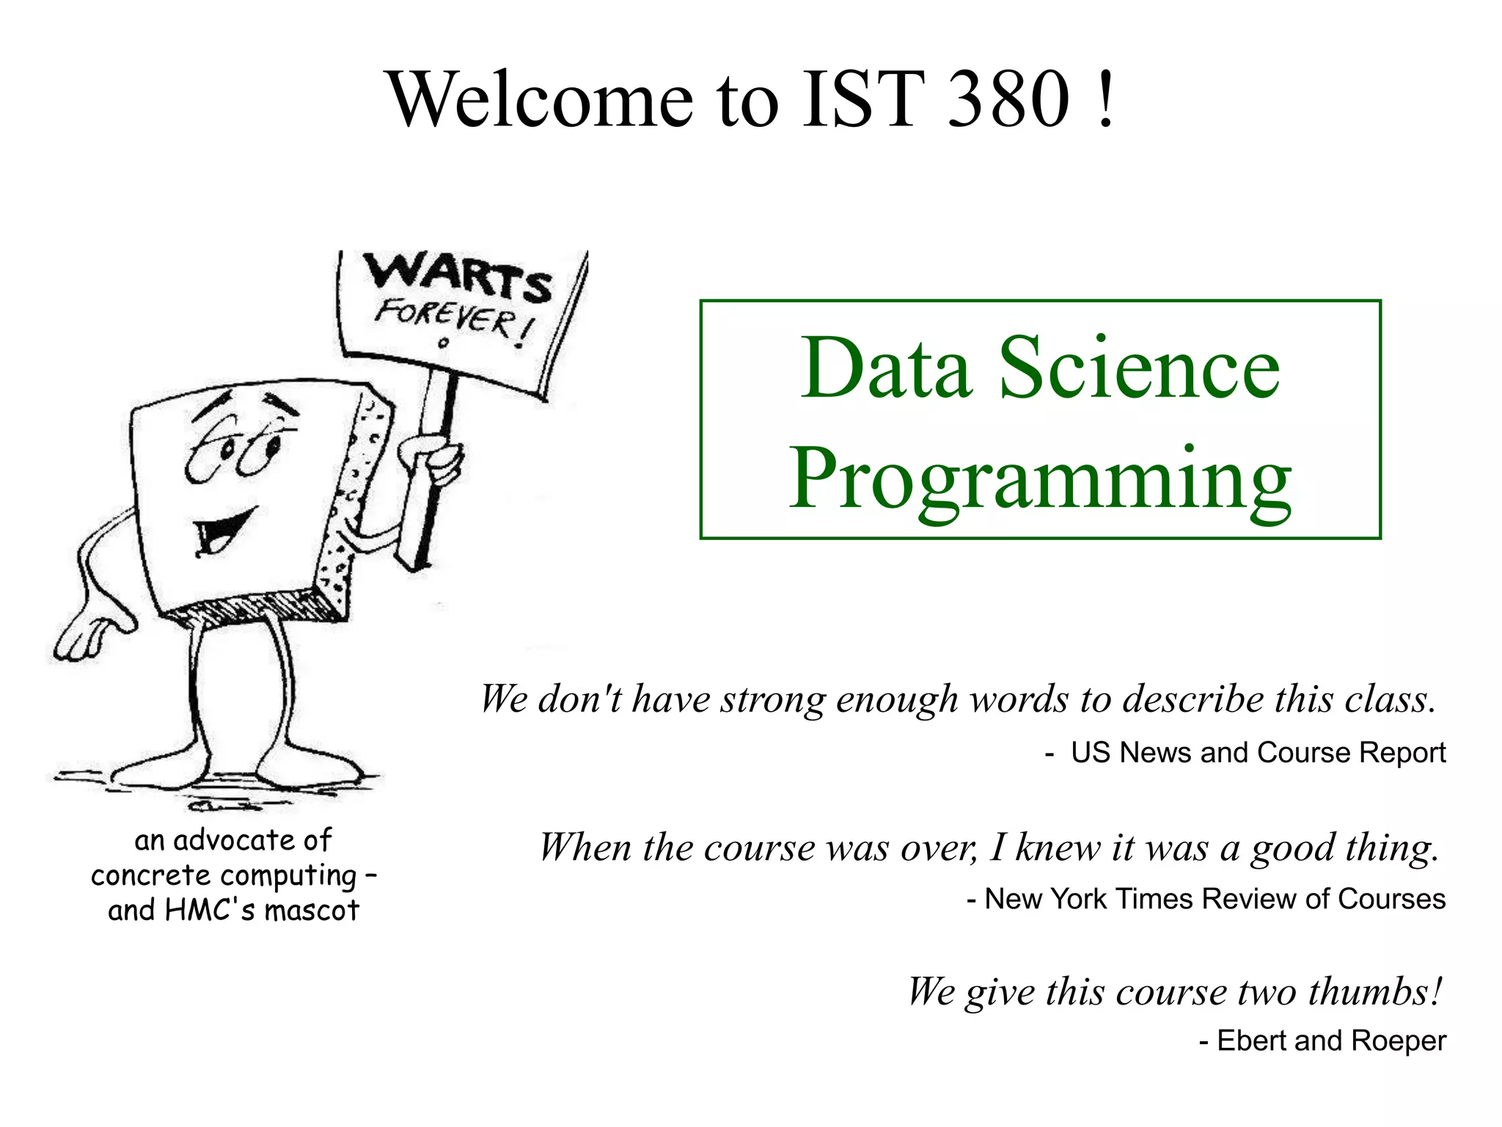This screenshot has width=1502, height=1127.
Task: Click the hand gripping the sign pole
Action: pos(433,458)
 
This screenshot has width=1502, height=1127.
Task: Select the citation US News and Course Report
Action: pos(1257,753)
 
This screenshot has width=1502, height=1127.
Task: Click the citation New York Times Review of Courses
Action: pos(1214,899)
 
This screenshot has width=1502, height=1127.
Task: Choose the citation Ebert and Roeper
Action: pos(1330,1040)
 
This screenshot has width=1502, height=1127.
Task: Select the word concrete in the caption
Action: pos(150,875)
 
